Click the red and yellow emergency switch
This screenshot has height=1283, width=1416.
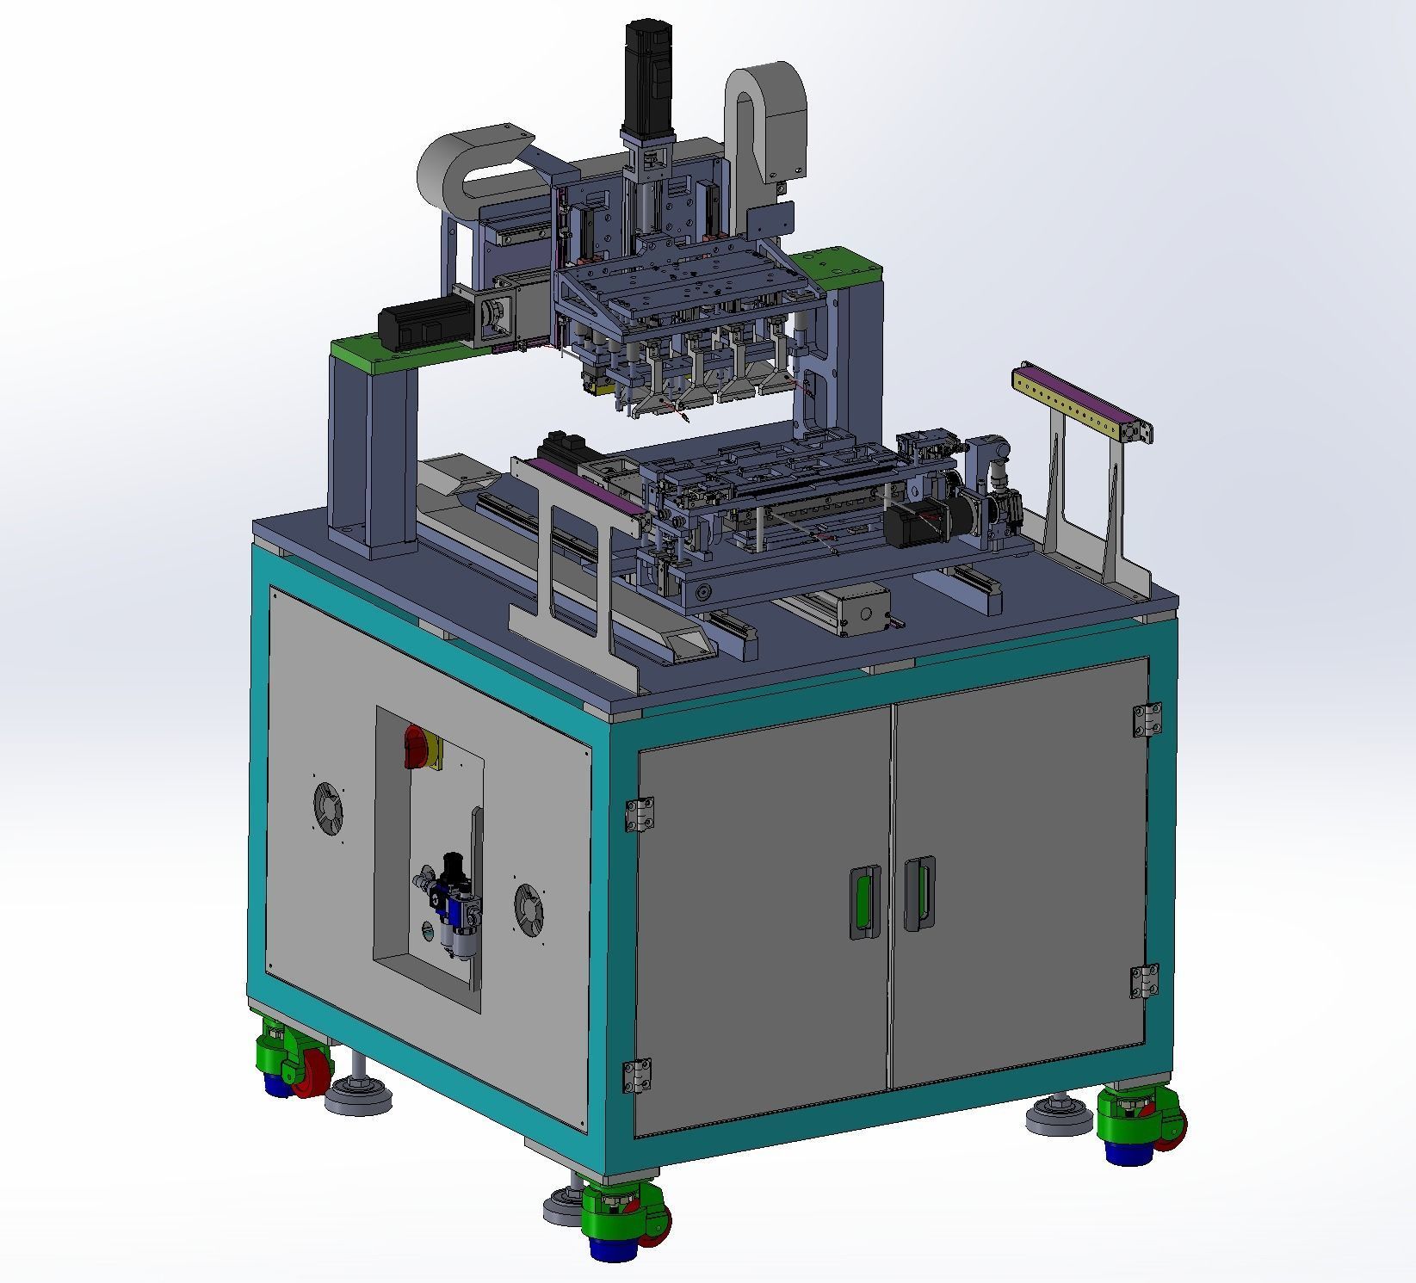pyautogui.click(x=421, y=747)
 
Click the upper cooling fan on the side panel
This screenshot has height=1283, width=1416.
pyautogui.click(x=328, y=807)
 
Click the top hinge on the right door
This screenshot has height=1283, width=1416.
pyautogui.click(x=1147, y=719)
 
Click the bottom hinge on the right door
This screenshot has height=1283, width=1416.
pyautogui.click(x=1145, y=981)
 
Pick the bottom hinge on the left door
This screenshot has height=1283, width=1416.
pyautogui.click(x=636, y=1076)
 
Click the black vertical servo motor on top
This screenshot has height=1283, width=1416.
pyautogui.click(x=647, y=77)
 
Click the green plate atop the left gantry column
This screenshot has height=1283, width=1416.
pyautogui.click(x=374, y=353)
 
